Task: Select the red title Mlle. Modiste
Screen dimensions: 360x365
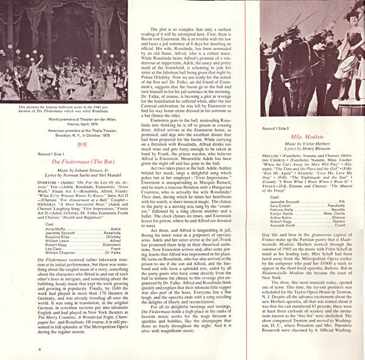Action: (x=307, y=136)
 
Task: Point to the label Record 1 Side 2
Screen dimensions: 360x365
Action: (x=275, y=129)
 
